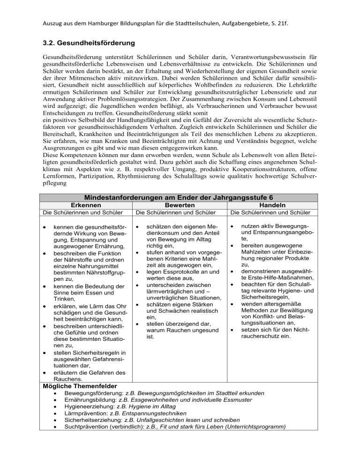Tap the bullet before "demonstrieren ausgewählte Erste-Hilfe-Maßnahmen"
click(232, 272)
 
